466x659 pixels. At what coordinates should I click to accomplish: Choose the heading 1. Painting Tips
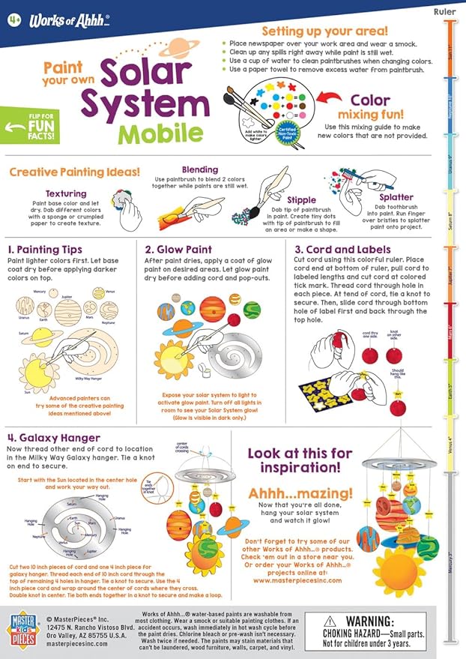point(49,250)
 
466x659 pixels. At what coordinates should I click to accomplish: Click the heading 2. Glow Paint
point(182,250)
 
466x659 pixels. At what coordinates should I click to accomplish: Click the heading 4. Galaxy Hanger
point(56,437)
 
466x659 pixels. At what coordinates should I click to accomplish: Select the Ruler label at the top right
point(444,12)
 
